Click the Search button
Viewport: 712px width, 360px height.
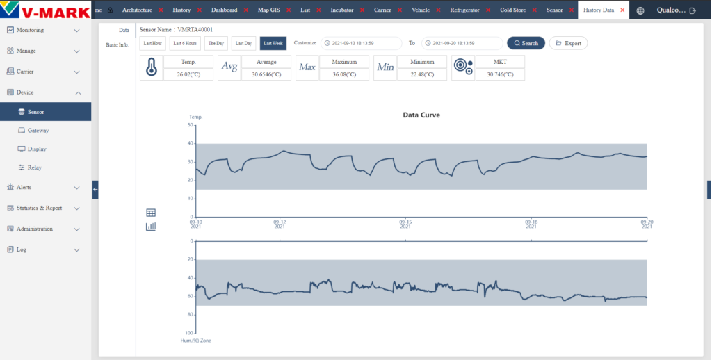point(526,43)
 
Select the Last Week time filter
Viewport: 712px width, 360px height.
point(273,43)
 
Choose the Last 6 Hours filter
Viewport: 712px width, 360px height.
point(185,43)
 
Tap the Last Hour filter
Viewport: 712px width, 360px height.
point(152,43)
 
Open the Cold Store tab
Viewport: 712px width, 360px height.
point(512,10)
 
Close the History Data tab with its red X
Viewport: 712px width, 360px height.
point(622,10)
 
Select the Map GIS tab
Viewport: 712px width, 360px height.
point(269,10)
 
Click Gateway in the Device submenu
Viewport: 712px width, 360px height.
point(38,130)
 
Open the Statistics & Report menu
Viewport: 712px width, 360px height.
point(39,208)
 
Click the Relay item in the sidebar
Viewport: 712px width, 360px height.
point(35,167)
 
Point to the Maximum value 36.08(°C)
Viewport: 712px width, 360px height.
point(344,74)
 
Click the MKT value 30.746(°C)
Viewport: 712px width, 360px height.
point(500,74)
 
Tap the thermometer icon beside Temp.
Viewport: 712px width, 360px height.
point(151,67)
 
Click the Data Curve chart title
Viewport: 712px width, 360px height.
point(421,115)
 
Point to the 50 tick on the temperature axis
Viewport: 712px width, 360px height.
point(191,125)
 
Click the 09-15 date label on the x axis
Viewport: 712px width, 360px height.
point(405,224)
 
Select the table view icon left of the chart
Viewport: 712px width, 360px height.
point(151,213)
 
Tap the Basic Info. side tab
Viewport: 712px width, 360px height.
point(117,45)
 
